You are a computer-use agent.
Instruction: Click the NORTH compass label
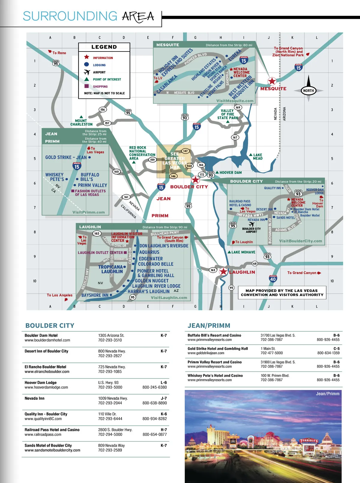[308, 91]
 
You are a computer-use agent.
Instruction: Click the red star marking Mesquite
[272, 81]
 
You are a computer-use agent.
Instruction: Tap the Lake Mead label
[257, 157]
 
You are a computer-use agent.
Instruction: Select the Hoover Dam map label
[230, 172]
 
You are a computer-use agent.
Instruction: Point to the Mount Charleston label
[81, 122]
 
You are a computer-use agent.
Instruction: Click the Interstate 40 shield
[273, 279]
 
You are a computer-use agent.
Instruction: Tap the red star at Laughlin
[223, 272]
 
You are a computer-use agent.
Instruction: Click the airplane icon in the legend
[87, 72]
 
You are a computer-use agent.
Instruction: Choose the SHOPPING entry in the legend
[100, 87]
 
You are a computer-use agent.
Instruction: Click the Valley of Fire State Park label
[227, 114]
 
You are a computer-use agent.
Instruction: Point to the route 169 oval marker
[238, 107]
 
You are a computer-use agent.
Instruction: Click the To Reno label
[59, 53]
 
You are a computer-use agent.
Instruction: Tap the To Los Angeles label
[59, 295]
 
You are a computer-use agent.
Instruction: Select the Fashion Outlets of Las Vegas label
[90, 193]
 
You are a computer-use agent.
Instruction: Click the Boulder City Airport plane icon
[251, 224]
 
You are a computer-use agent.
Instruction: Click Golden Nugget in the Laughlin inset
[151, 281]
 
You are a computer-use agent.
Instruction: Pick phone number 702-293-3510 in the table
[110, 340]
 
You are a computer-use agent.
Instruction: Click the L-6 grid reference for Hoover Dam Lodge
[163, 382]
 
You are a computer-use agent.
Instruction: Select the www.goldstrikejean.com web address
[206, 353]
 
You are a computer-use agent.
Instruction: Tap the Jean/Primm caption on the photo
[327, 394]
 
